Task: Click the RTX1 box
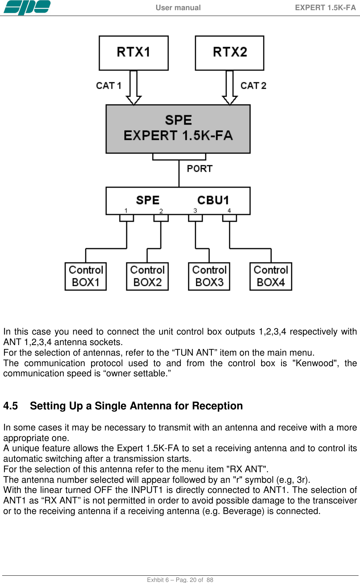134,53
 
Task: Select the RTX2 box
230,53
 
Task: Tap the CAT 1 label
108,86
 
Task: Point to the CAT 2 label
253,86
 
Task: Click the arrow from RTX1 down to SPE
134,88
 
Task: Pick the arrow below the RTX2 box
230,88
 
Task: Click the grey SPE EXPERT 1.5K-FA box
178,129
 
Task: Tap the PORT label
199,169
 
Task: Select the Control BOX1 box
86,276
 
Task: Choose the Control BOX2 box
147,276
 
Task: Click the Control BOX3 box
209,276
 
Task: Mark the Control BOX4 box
271,276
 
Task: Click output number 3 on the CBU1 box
195,211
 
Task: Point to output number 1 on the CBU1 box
126,211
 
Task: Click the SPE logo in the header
27,7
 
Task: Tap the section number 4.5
11,406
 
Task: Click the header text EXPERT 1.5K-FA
325,8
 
